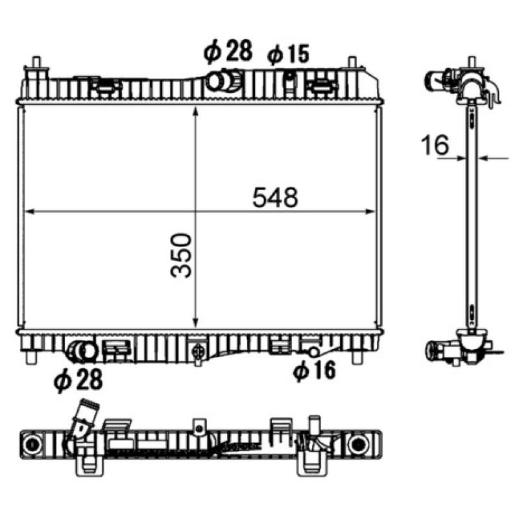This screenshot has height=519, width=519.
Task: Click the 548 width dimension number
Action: (276, 197)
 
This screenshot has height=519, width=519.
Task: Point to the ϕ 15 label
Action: (289, 54)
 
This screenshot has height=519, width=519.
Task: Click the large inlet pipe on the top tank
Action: (219, 81)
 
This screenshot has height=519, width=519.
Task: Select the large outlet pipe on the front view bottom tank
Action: (82, 351)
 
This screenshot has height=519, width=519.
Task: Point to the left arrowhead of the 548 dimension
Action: (28, 211)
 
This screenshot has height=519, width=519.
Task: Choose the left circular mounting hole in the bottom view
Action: (30, 446)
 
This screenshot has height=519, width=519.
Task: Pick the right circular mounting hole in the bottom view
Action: (356, 446)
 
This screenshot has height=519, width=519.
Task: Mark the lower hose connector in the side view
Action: (435, 351)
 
